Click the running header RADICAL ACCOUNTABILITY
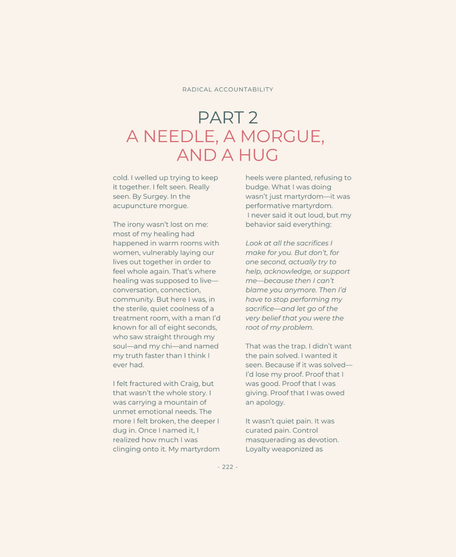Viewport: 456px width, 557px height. coord(227,90)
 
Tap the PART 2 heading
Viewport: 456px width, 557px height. coord(227,118)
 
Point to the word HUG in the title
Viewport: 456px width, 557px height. coord(258,155)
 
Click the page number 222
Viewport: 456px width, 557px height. coord(227,467)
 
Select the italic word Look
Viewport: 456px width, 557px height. coord(255,243)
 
